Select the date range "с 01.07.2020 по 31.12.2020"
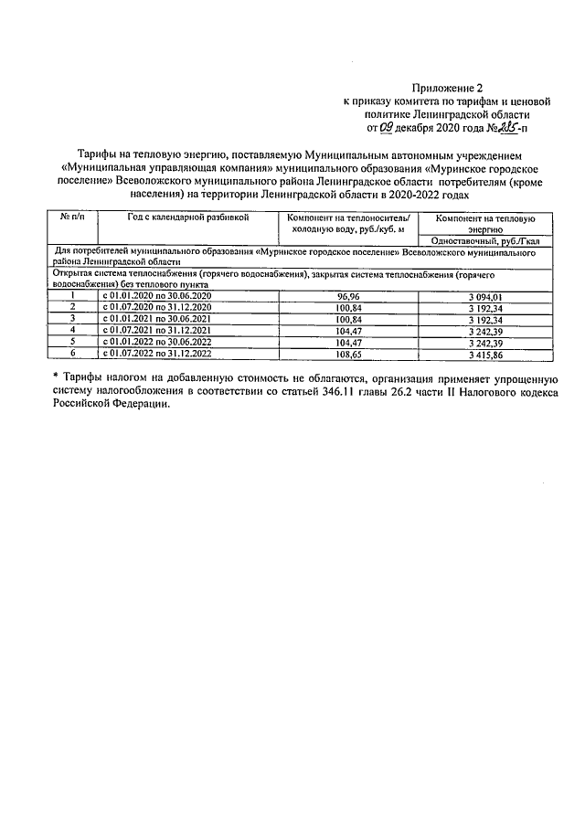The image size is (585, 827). coord(155,307)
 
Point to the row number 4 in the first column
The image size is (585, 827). coord(72,329)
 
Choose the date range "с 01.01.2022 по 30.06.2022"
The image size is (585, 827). coord(155,340)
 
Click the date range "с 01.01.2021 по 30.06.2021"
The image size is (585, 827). coord(155,318)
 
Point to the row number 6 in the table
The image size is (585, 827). coord(72,351)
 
